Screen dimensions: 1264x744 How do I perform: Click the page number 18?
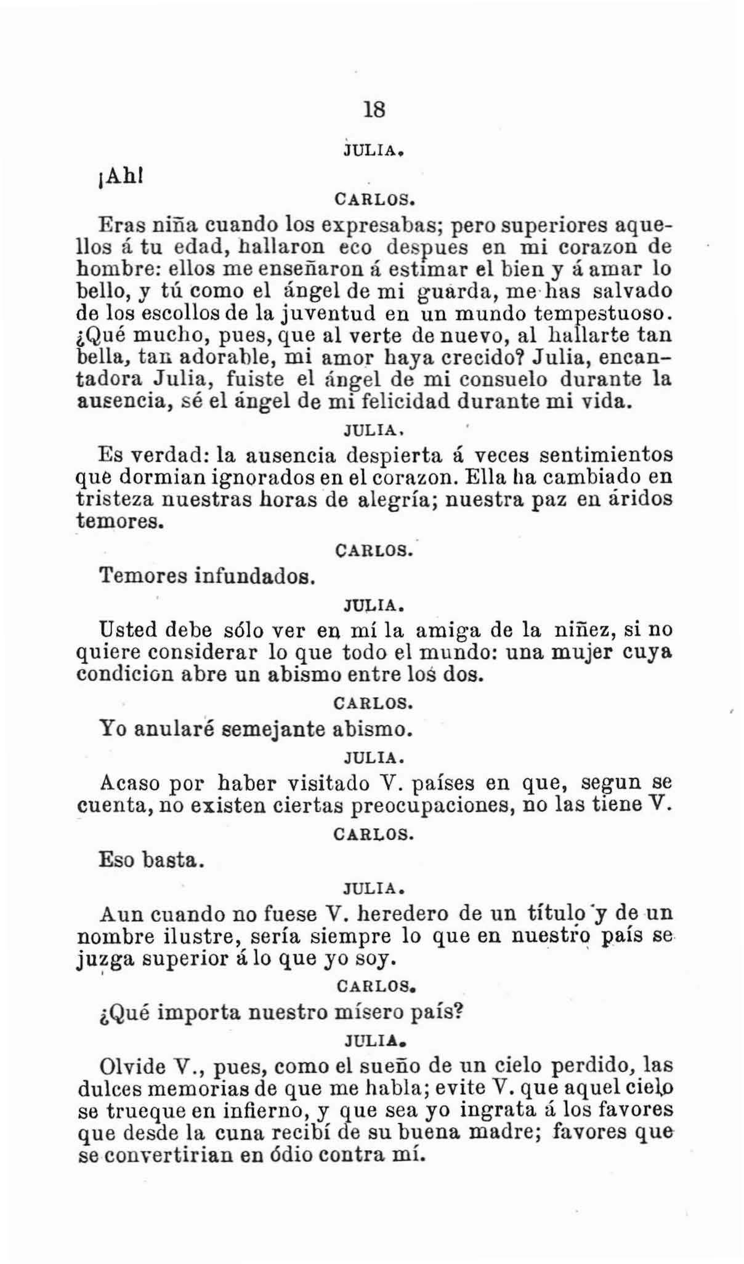coord(374,110)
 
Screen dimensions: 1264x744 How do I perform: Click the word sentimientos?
coord(605,455)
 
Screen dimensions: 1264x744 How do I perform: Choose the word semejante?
coord(273,729)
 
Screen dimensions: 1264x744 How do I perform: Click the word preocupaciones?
coord(432,805)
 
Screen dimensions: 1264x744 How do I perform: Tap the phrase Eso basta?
coord(152,859)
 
